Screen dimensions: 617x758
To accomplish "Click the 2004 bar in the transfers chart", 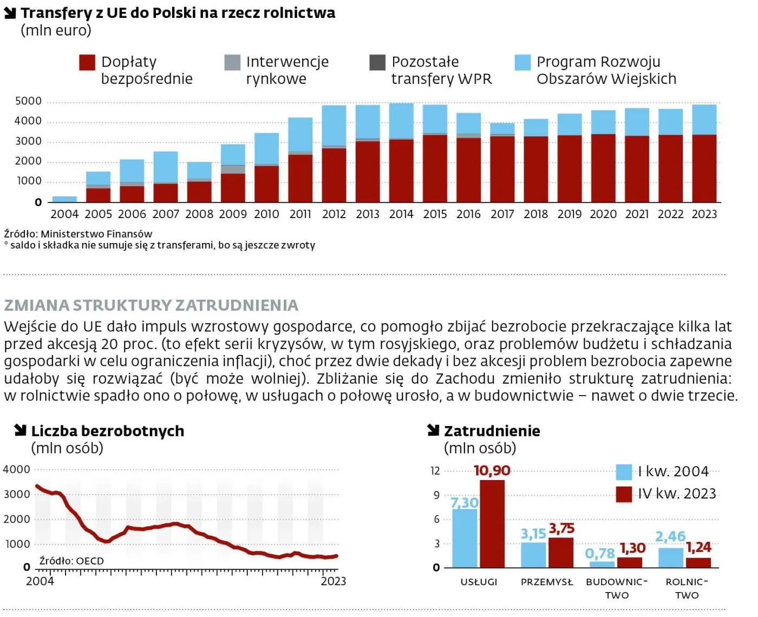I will pos(64,199).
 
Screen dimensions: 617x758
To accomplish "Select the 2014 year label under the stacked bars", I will pos(401,214).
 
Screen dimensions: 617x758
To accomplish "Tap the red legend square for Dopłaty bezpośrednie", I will pos(87,63).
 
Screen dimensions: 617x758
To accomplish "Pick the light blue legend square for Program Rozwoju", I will pos(522,63).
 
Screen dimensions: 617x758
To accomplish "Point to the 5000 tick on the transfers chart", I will pos(28,101).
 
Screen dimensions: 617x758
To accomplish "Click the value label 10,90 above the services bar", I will pos(492,471).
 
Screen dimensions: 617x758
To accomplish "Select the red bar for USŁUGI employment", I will pos(492,524).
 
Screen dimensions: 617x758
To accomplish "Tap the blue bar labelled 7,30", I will pos(465,538).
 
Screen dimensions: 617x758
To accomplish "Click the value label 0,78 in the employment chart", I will pos(600,554).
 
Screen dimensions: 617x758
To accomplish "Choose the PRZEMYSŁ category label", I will pos(547,582).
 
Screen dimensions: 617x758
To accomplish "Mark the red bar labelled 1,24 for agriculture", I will pos(698,562).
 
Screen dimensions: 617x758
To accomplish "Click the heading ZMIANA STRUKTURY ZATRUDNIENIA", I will pos(151,305).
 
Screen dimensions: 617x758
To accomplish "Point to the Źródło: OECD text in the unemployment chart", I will pos(71,561).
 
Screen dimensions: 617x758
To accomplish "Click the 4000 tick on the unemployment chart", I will pos(17,470).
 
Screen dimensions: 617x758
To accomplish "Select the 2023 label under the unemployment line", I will pos(333,581).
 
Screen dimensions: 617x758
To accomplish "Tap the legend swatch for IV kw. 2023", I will pos(624,494).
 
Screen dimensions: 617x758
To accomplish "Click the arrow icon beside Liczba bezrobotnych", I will pos(21,430).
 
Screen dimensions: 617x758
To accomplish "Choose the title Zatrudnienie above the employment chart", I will pos(492,431).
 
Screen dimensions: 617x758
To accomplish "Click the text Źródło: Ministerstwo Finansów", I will pos(78,234).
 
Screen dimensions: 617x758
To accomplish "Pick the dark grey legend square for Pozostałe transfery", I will pos(377,63).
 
